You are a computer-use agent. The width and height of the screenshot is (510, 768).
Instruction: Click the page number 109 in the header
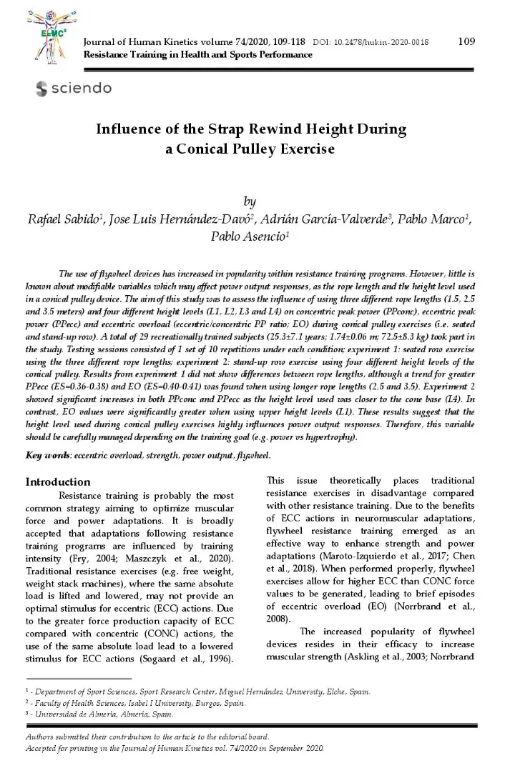[466, 41]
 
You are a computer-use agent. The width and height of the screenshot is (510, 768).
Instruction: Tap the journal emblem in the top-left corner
[53, 36]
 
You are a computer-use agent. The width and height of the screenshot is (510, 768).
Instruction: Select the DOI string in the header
[374, 43]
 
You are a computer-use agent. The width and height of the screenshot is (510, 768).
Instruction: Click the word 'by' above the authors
[250, 202]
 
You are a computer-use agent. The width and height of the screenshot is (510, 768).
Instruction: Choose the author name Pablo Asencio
[248, 236]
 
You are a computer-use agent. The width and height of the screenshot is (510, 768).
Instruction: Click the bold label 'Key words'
[49, 456]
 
